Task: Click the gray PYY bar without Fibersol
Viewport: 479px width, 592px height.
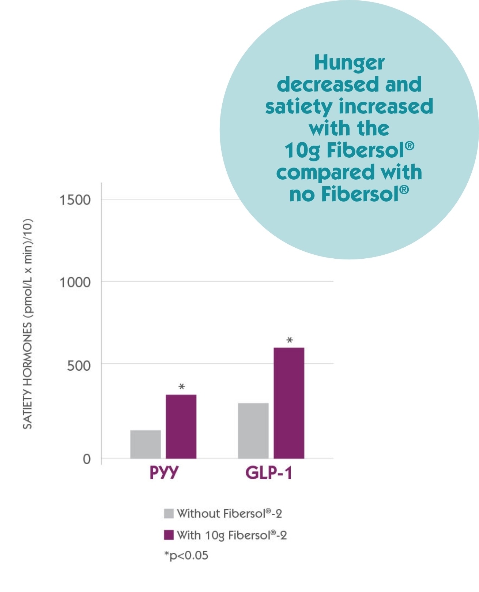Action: tap(146, 444)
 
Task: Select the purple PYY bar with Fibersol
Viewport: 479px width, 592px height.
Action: tap(181, 426)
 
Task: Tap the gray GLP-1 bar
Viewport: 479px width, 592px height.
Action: tap(253, 431)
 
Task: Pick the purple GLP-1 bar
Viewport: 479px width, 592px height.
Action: tap(289, 403)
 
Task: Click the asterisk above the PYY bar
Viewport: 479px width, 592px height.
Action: tap(181, 387)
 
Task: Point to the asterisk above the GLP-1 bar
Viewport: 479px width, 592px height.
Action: tap(290, 341)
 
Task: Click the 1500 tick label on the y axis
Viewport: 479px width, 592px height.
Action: tap(75, 200)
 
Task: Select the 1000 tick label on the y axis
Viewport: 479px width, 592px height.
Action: tap(75, 282)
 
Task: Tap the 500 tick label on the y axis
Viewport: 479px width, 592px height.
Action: tap(79, 365)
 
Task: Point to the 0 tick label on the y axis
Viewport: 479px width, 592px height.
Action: tap(87, 459)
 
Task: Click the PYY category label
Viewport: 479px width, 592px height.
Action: tap(164, 473)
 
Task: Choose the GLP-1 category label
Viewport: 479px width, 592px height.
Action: tap(269, 473)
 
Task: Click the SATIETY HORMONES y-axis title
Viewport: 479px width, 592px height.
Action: tap(28, 324)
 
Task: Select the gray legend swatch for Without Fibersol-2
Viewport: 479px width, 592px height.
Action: tap(169, 513)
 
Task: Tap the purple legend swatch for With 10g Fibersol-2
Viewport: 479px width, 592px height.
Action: tap(169, 535)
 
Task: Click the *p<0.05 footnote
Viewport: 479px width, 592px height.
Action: tap(186, 555)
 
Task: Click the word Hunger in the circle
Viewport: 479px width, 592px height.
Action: tap(349, 63)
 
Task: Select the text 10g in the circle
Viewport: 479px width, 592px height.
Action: tap(302, 151)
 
